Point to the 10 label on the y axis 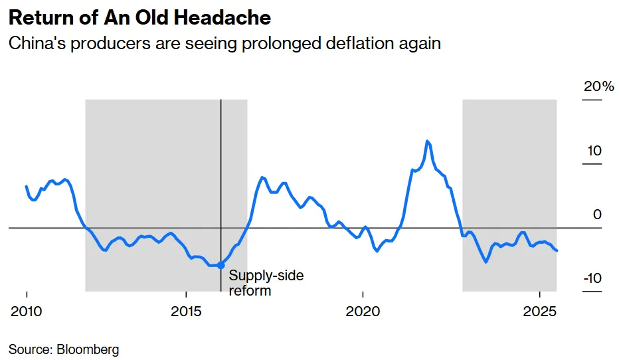coord(594,151)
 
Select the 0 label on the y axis coord(597,215)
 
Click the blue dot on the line coord(221,265)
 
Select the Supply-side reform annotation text coord(257,282)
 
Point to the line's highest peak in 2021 coord(427,141)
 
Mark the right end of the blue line coord(557,250)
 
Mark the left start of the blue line coord(27,187)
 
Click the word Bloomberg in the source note coord(89,349)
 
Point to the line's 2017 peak coord(263,177)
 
